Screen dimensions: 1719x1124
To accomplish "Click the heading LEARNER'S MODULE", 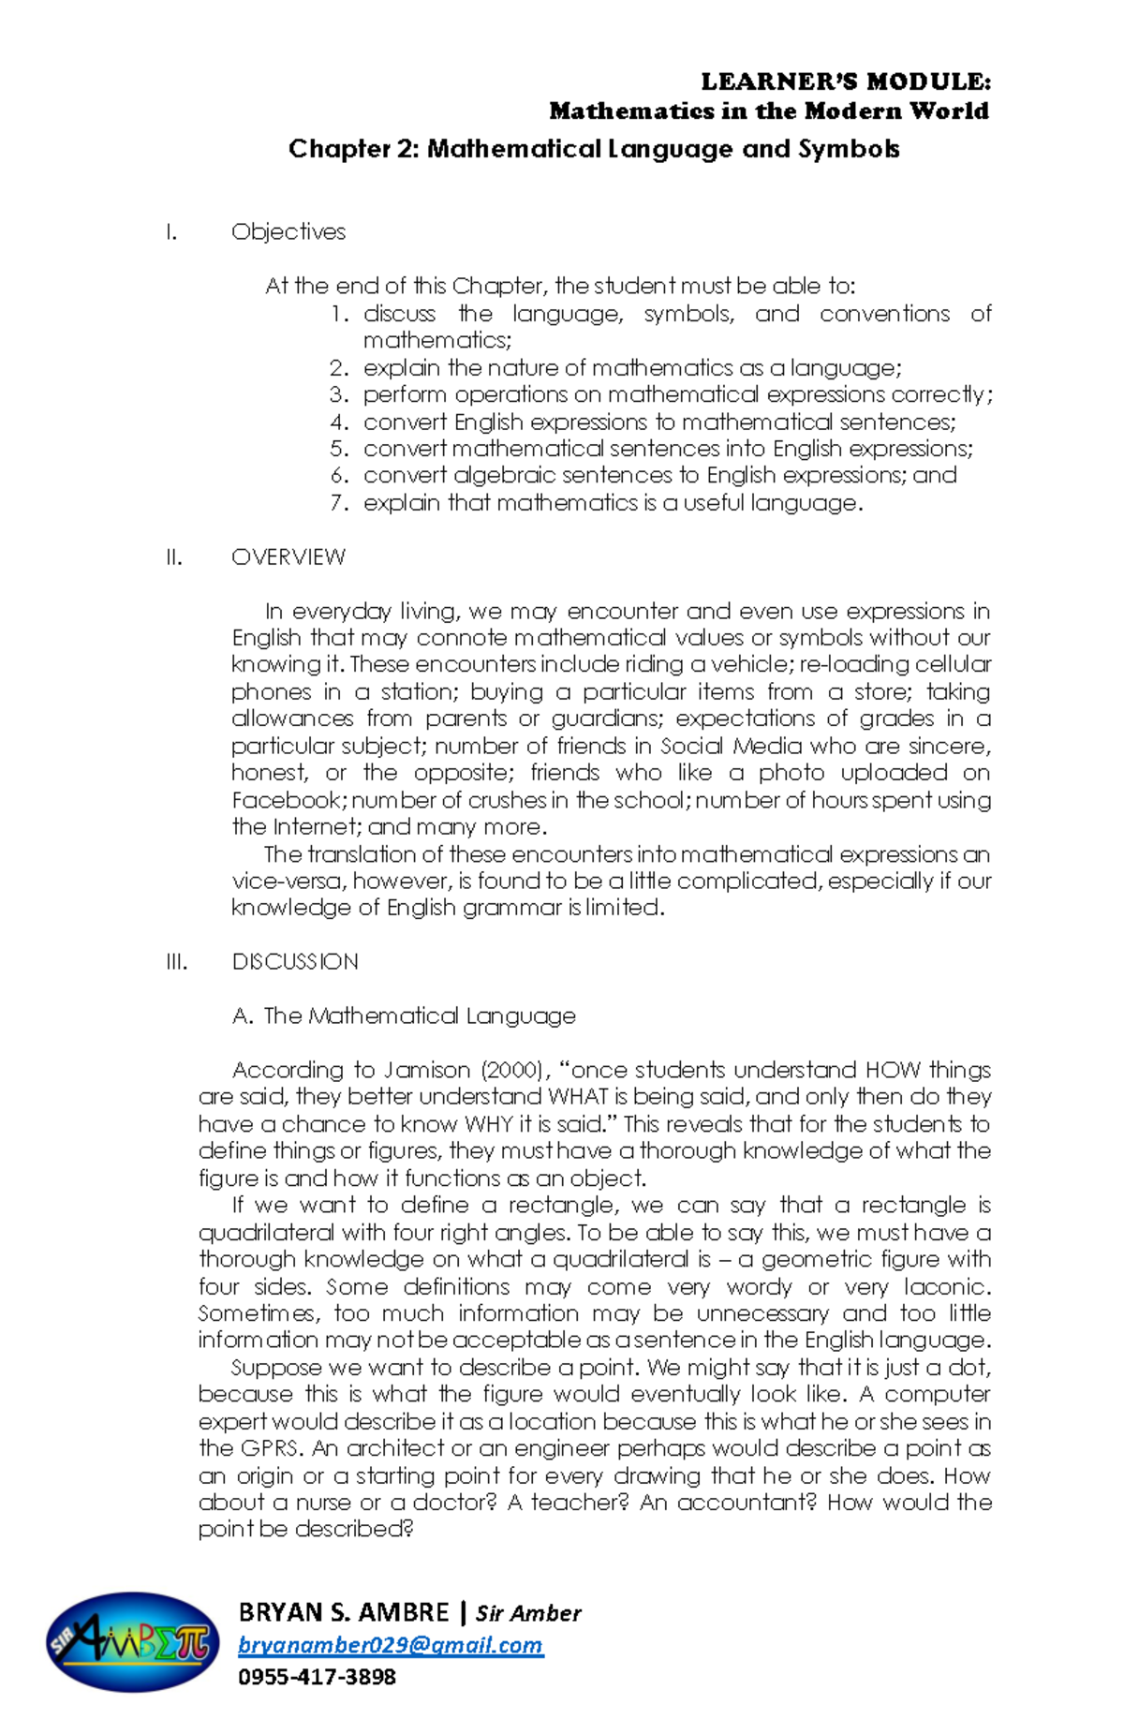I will coord(845,82).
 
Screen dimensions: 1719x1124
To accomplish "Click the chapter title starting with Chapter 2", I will coord(594,149).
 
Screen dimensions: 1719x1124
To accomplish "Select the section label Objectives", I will coord(288,231).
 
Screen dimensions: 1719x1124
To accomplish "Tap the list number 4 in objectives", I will coord(339,422).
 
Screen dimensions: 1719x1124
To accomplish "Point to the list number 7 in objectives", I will coord(339,503).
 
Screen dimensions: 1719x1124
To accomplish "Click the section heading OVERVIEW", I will coord(288,557).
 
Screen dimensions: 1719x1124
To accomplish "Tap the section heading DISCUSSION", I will coord(295,962).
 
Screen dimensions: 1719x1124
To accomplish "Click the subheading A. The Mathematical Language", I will coord(404,1016).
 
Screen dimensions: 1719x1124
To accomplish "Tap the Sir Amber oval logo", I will coord(132,1643).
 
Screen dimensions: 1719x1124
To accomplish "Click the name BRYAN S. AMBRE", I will coord(344,1612).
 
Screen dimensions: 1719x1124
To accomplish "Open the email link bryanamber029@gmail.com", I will coord(390,1645).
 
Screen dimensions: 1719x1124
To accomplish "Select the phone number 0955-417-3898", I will coord(317,1677).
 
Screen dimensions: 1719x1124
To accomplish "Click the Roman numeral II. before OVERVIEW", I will coord(173,557).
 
